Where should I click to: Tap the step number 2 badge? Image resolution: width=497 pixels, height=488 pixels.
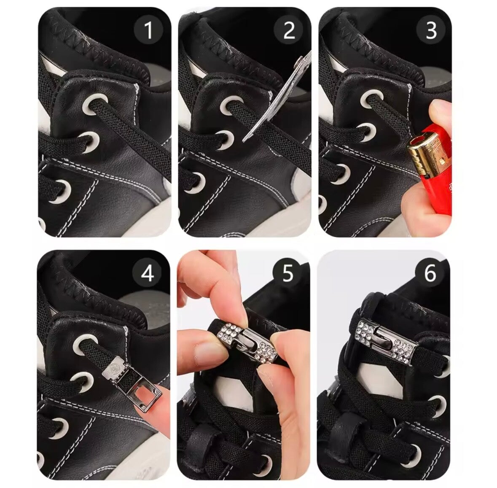click(288, 30)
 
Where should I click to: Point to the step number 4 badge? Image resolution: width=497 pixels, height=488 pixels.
click(147, 273)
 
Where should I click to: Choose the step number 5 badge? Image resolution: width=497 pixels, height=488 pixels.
click(288, 273)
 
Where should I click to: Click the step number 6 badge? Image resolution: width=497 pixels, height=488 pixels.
click(430, 273)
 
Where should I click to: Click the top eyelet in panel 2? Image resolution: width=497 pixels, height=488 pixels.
click(231, 107)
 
